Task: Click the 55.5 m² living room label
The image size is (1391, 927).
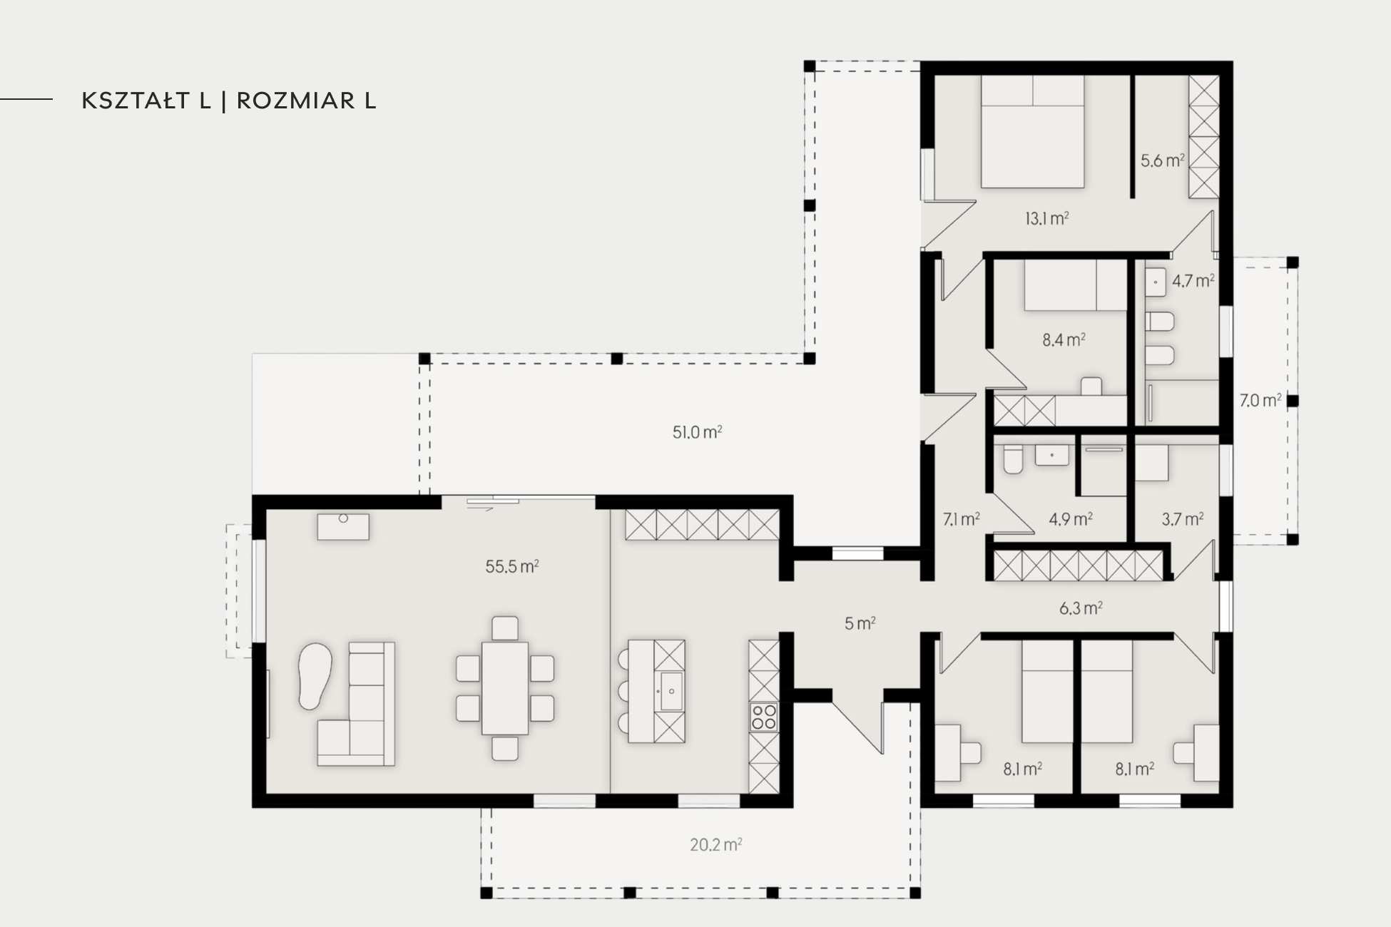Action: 512,567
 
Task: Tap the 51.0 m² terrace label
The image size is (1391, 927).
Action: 697,432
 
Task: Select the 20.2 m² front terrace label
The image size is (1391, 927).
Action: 715,845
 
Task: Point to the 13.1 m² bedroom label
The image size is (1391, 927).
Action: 1046,218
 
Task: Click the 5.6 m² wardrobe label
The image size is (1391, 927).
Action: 1162,160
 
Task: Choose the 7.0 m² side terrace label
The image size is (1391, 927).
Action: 1260,401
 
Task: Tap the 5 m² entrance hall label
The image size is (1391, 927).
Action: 860,623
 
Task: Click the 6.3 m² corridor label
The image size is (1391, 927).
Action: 1081,608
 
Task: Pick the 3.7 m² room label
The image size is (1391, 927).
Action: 1182,519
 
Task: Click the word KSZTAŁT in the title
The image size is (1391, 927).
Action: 146,101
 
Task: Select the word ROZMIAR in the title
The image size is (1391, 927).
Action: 296,101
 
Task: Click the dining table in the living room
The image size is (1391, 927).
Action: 505,688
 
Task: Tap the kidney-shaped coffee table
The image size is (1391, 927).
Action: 315,676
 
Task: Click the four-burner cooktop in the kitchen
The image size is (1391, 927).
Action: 763,717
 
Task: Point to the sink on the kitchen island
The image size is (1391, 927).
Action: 671,691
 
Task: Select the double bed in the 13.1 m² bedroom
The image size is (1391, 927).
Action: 1032,132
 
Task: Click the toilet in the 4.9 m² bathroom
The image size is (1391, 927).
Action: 1012,459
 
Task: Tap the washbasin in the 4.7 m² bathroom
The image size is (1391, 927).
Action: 1156,282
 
